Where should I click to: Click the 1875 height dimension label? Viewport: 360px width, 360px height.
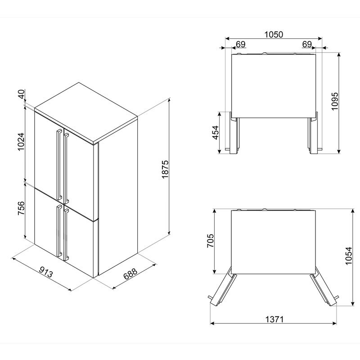pyautogui.click(x=165, y=169)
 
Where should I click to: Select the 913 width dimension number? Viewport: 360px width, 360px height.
pyautogui.click(x=46, y=272)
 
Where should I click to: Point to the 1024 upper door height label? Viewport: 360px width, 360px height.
pyautogui.click(x=21, y=141)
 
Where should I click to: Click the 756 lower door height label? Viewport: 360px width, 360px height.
pyautogui.click(x=21, y=208)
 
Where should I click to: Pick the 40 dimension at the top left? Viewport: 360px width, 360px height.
pyautogui.click(x=21, y=94)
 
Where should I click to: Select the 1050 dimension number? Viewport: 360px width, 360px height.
pyautogui.click(x=274, y=35)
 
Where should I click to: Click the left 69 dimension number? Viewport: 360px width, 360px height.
pyautogui.click(x=241, y=44)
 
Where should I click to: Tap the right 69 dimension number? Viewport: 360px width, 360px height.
pyautogui.click(x=307, y=44)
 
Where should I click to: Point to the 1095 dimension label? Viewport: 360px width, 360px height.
pyautogui.click(x=335, y=101)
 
